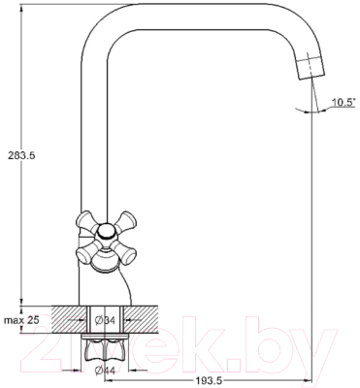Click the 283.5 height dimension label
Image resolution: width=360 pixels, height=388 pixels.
(x=21, y=156)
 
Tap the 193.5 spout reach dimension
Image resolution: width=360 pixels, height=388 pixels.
(x=208, y=381)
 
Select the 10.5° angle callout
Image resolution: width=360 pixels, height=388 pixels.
(x=344, y=103)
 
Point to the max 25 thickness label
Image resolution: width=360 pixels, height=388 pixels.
(x=21, y=320)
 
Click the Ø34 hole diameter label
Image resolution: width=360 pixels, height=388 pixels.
(x=105, y=320)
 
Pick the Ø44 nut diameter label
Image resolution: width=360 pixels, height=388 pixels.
(x=105, y=371)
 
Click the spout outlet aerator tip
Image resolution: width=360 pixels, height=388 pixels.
(x=310, y=67)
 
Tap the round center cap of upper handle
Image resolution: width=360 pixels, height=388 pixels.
(x=106, y=232)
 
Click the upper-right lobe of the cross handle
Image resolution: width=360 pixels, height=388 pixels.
(x=124, y=221)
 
